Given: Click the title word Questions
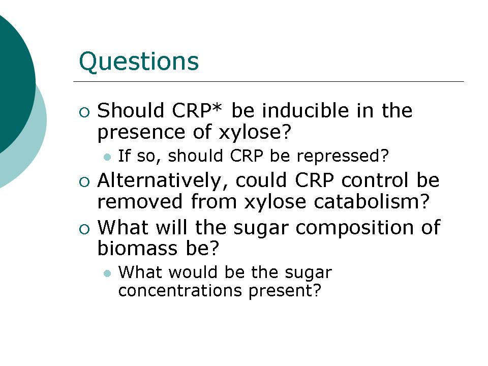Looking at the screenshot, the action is tap(139, 62).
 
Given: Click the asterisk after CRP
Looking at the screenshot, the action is tap(217, 108).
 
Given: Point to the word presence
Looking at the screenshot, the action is tap(141, 133).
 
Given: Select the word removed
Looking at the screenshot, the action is tap(140, 201).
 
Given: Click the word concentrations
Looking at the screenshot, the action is tap(180, 291).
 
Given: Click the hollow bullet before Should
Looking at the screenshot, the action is tap(84, 112).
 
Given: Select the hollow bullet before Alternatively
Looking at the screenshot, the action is tap(84, 182).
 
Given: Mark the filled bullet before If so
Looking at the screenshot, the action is tap(107, 157).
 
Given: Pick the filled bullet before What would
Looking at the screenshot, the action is tap(107, 273).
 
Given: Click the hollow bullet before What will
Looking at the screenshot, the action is tap(84, 229).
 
